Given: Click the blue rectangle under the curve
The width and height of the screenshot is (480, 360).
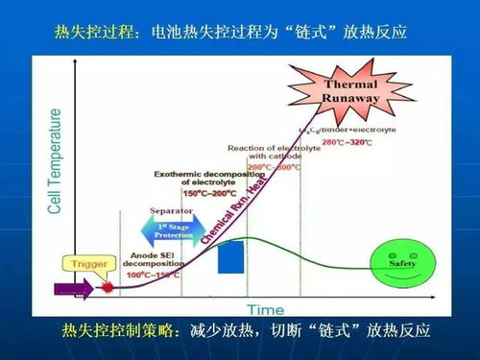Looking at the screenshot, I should [231, 260].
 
